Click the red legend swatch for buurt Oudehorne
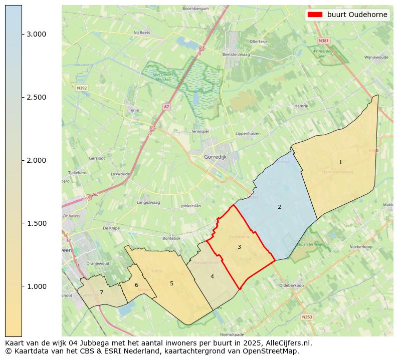315,15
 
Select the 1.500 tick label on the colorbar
37,223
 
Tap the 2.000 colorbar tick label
37,160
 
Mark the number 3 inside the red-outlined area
239,247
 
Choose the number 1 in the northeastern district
340,162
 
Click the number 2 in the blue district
279,207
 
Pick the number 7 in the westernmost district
101,292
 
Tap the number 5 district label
171,283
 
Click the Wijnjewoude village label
376,58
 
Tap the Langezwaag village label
148,202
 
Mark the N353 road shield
307,317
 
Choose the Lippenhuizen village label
248,134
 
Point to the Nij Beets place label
142,33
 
